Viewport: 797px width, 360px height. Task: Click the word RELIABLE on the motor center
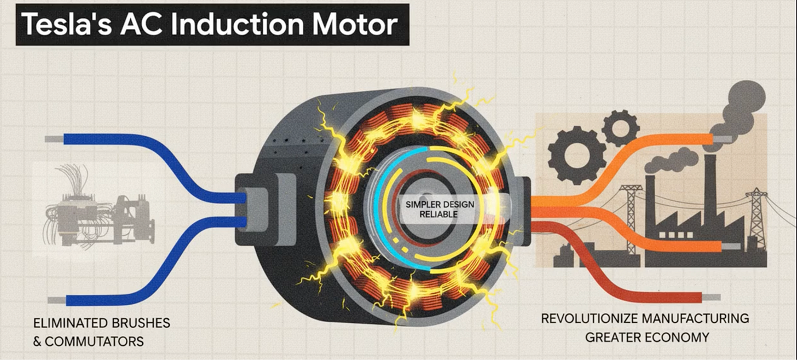(x=438, y=214)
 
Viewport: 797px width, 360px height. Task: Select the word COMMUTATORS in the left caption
(x=94, y=342)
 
